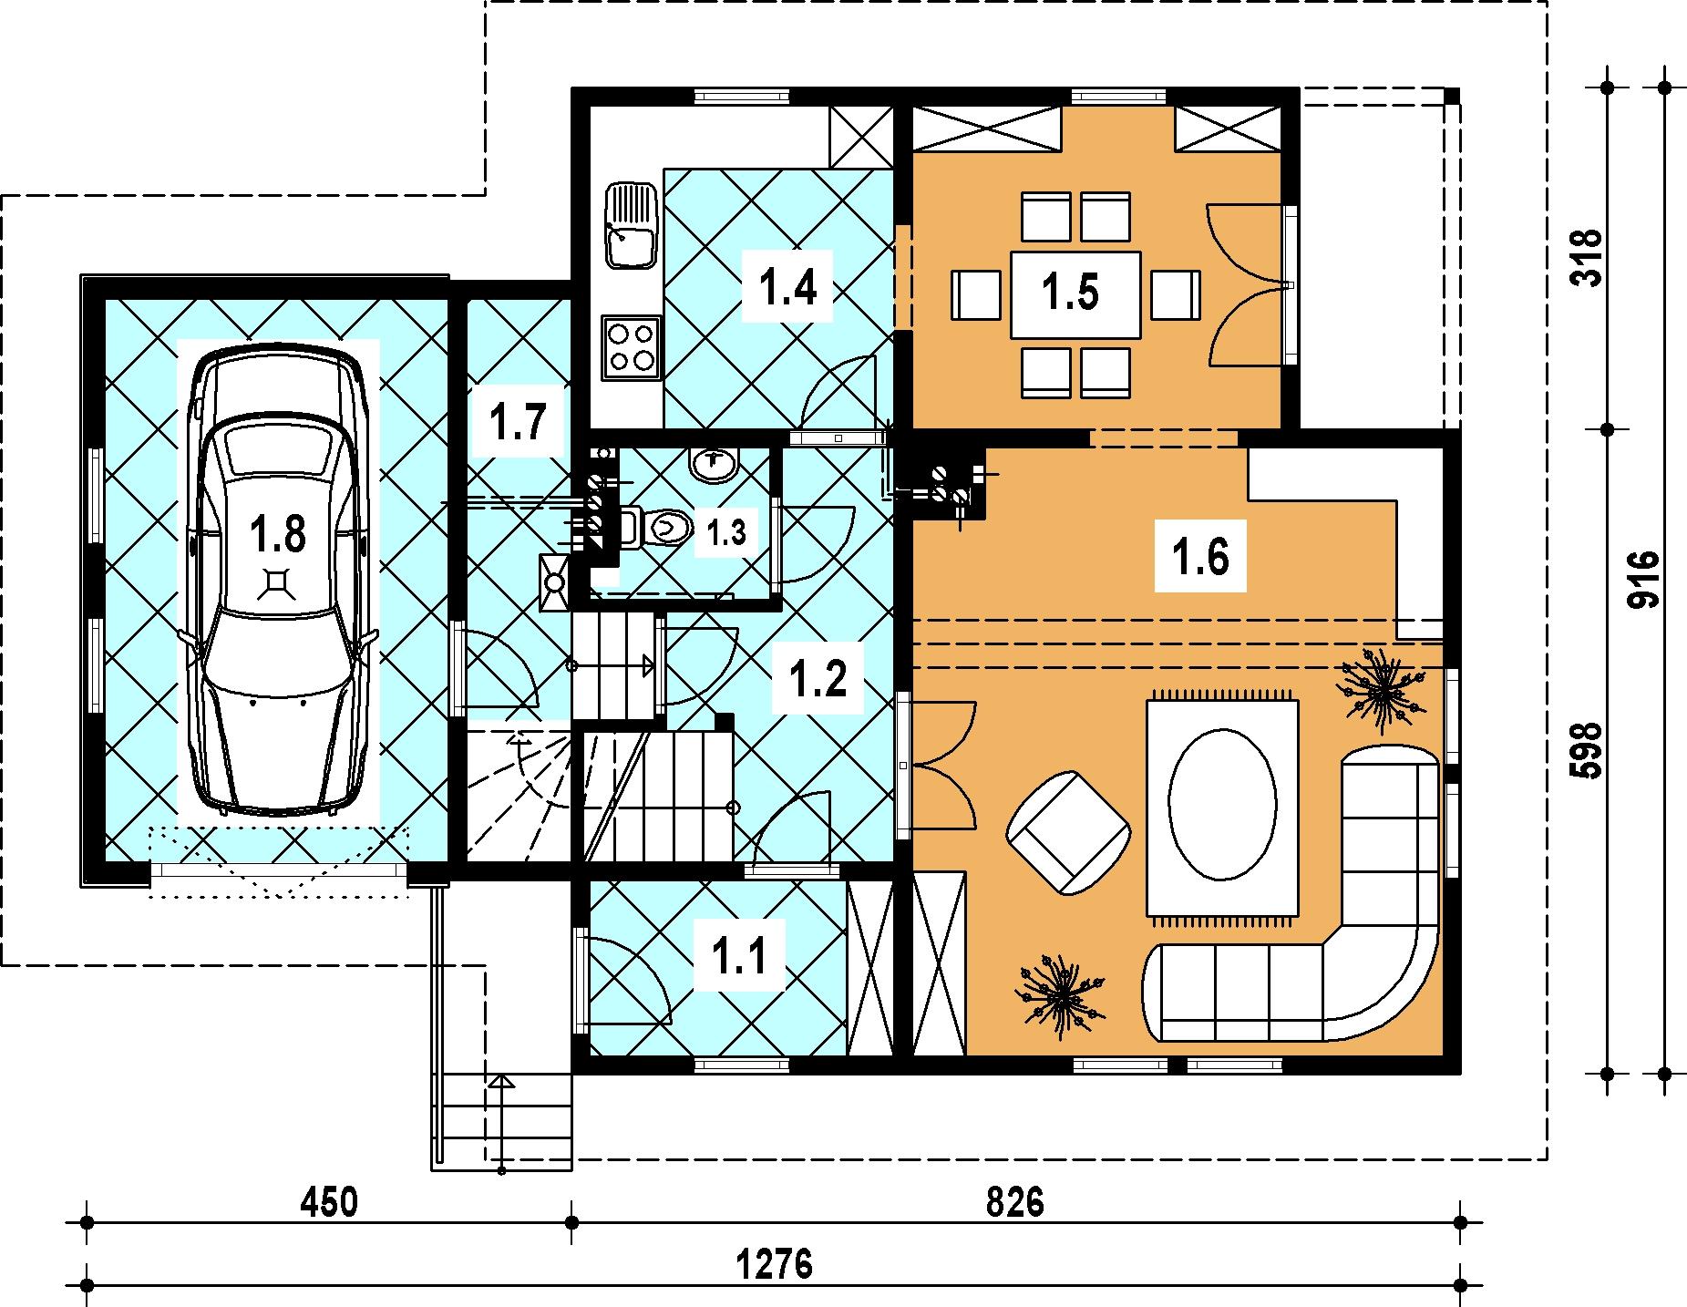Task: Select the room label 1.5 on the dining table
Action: (1071, 293)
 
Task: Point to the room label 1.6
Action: (1201, 555)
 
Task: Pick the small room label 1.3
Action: (726, 533)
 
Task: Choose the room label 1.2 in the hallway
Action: (818, 678)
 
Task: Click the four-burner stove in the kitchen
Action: (631, 347)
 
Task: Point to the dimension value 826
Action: (1014, 1202)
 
